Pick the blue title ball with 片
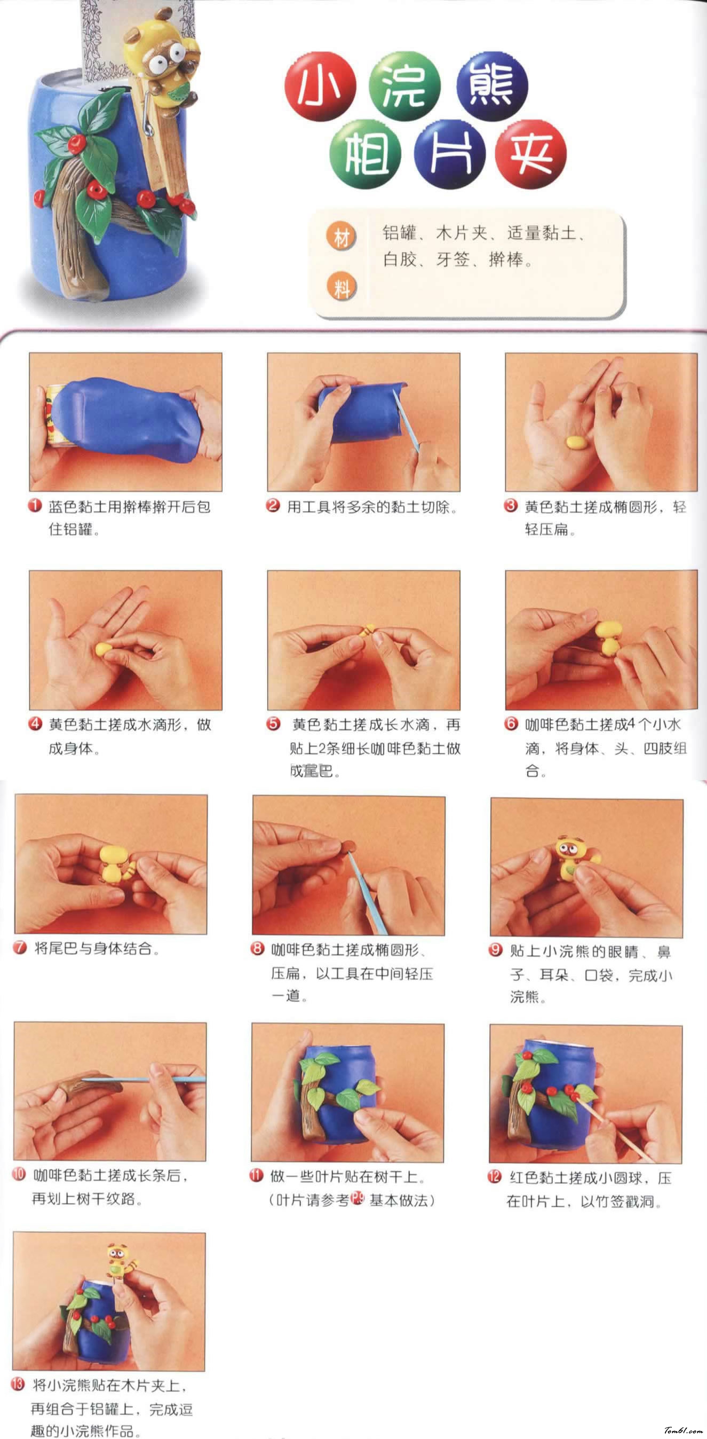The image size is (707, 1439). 450,153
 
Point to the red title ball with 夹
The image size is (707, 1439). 531,153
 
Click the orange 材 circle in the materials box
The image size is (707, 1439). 341,238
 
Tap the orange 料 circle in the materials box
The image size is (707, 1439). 341,288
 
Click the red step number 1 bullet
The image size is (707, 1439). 35,506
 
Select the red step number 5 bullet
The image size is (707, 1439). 273,724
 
